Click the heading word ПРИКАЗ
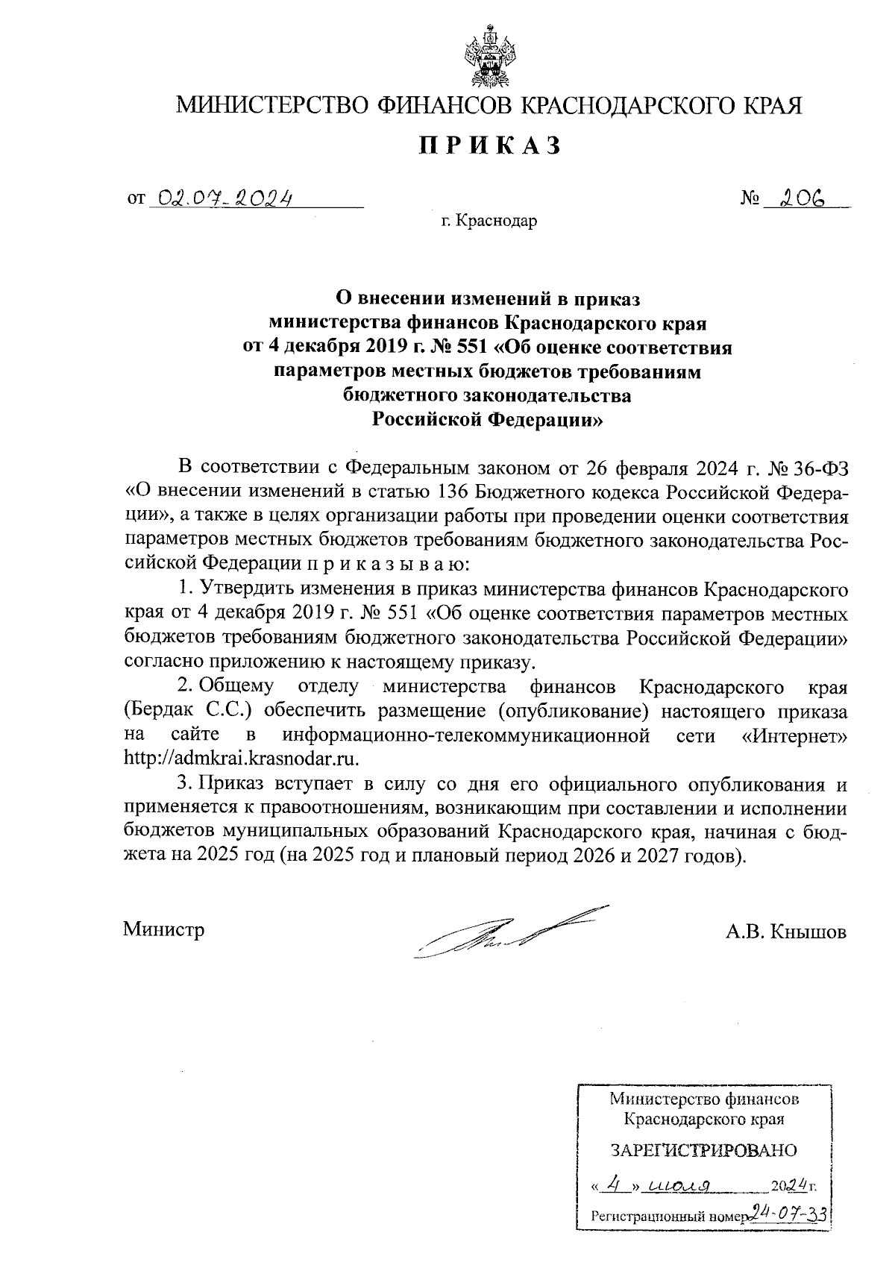[489, 145]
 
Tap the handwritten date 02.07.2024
[220, 198]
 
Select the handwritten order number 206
[801, 198]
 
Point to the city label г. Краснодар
[489, 222]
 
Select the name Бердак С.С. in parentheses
[190, 709]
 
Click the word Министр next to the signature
[163, 930]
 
